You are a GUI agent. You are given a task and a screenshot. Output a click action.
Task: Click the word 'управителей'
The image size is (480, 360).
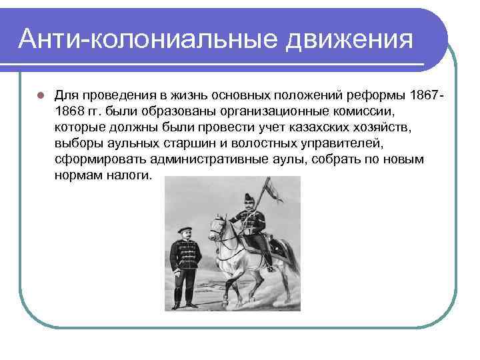point(339,143)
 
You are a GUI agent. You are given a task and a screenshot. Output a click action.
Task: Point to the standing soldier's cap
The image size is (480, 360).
point(183,230)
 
